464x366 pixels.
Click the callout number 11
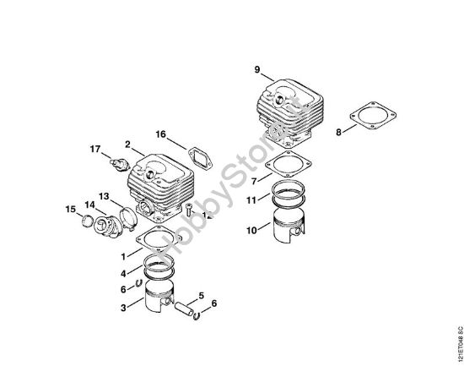coord(252,200)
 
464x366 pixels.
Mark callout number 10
coord(252,229)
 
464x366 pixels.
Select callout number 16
coord(160,134)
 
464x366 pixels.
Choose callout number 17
coord(95,150)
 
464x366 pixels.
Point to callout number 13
coord(104,196)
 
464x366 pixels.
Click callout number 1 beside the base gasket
coord(123,254)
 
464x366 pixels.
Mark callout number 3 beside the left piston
coord(123,308)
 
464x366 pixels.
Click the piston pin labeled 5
coord(182,307)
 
